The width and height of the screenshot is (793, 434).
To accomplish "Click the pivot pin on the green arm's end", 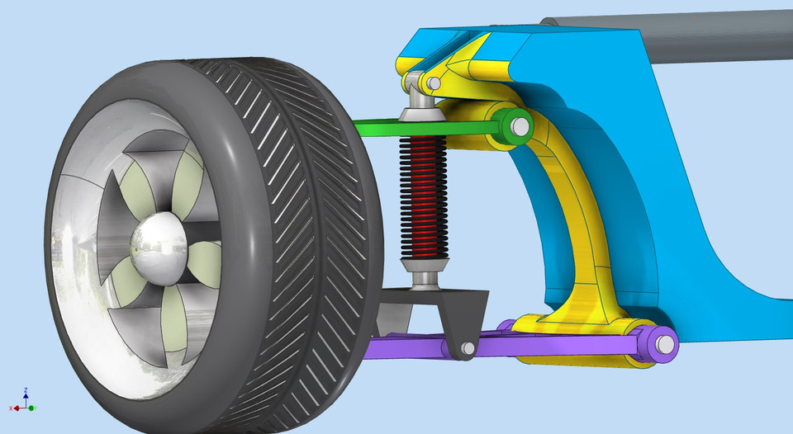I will pos(520,127).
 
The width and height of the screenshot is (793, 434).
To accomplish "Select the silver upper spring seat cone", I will pos(420,115).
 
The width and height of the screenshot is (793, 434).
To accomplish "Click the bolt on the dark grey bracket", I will pos(467,350).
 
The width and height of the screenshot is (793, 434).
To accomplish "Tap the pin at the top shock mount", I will pos(432,83).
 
